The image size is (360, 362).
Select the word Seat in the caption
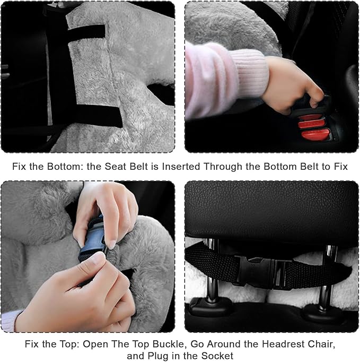tap(120, 166)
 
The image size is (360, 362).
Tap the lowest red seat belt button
tap(315, 135)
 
